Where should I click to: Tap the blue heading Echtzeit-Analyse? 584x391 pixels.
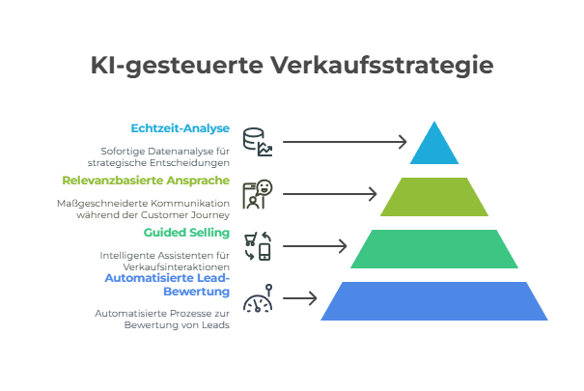[181, 127]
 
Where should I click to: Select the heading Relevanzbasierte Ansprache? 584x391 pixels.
[146, 181]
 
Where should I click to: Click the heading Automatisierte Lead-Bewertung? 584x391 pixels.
[167, 284]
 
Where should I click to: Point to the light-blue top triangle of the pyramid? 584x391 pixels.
[431, 148]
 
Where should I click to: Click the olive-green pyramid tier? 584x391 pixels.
[431, 197]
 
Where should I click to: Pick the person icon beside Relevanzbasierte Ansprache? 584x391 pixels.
[257, 193]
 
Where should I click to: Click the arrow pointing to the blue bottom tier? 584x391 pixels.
[300, 299]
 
